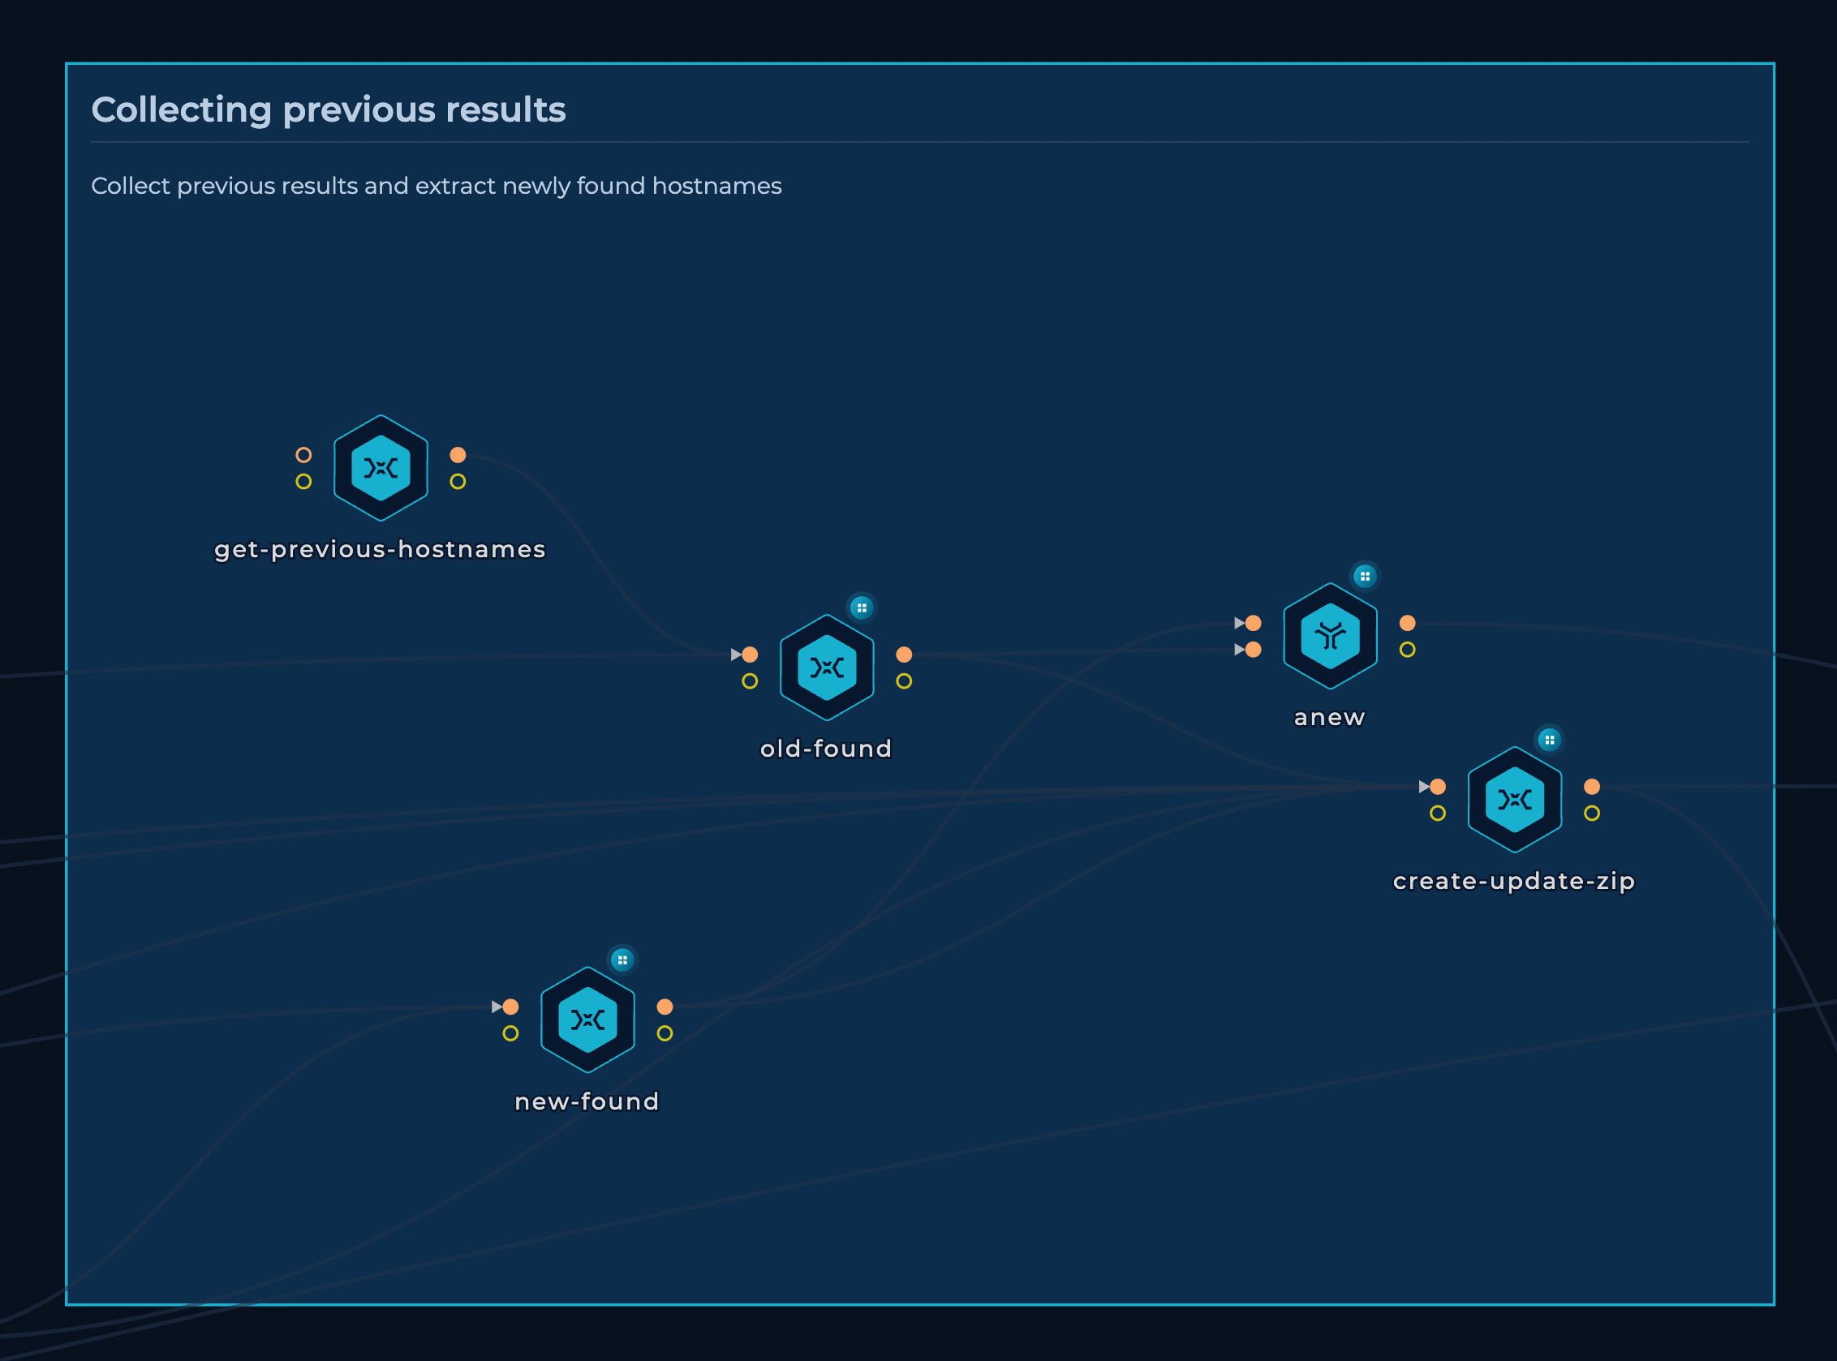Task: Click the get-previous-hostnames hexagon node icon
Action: pos(381,468)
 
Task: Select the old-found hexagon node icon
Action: pos(827,668)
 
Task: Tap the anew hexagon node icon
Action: pos(1330,636)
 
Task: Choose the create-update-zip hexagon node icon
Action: pos(1515,799)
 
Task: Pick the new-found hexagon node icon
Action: pos(587,1020)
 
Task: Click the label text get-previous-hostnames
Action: pos(380,549)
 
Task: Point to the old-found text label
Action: pos(826,748)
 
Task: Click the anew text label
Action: pos(1329,718)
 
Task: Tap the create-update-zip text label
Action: pos(1514,882)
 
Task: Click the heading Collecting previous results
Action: pos(328,109)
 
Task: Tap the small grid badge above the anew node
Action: pos(1365,576)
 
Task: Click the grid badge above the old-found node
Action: pos(861,608)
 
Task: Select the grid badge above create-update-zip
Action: pos(1550,740)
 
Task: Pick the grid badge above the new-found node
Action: pos(622,960)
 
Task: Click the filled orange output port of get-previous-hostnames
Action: pos(458,455)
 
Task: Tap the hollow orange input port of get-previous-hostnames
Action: pos(303,455)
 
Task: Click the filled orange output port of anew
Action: pos(1408,623)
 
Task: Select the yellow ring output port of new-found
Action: pos(665,1033)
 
